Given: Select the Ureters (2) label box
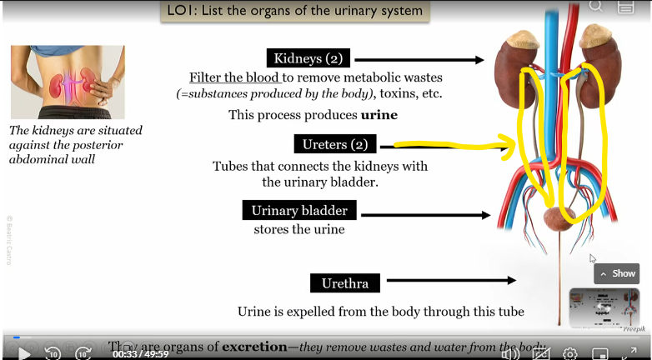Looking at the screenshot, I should click(x=335, y=144).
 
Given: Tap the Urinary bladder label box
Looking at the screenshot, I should click(x=299, y=210).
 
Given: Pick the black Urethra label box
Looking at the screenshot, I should click(x=344, y=283).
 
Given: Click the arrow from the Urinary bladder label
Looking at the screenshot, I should click(x=425, y=215).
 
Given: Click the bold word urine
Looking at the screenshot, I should click(x=379, y=115).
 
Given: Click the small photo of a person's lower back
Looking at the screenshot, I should click(x=68, y=82).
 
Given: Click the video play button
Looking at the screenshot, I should click(x=24, y=352).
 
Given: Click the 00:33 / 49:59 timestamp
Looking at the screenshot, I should click(x=140, y=353).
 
